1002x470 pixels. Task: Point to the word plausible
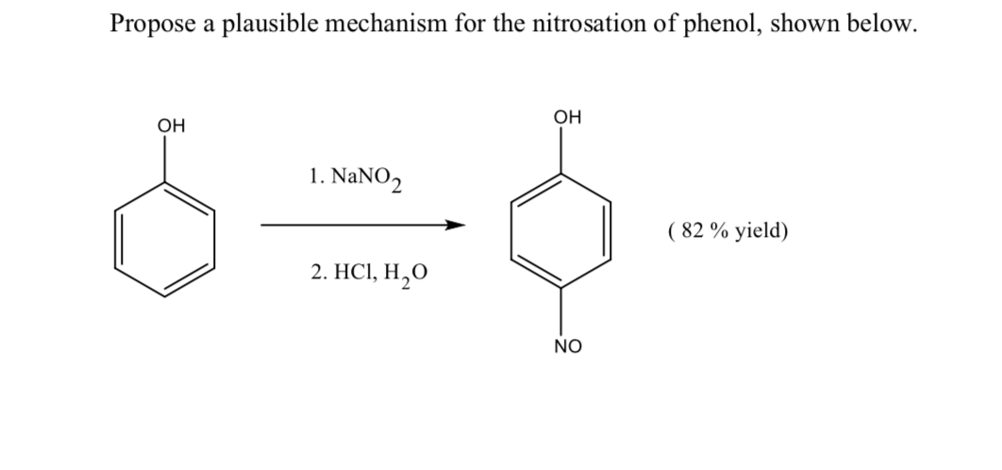[274, 25]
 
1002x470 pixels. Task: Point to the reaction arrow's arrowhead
[457, 226]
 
